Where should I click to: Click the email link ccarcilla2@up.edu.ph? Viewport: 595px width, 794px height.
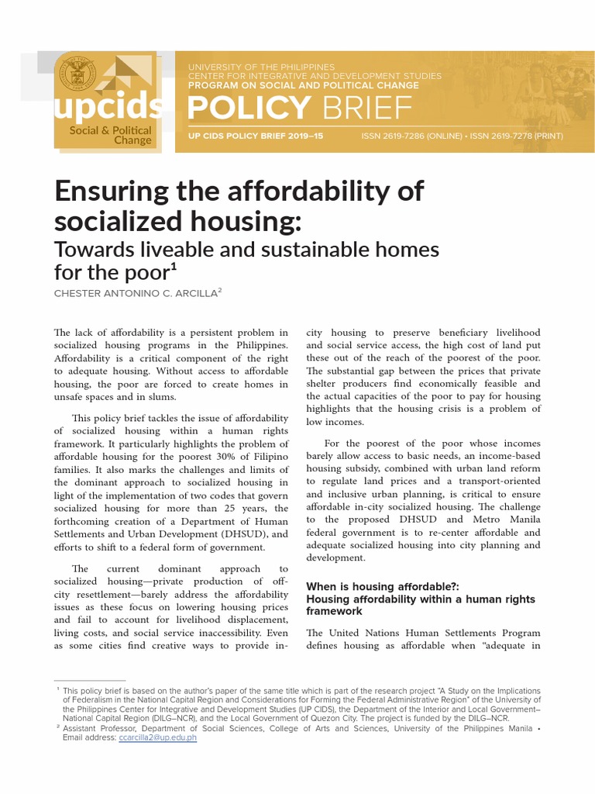click(158, 737)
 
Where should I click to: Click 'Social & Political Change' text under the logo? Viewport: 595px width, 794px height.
click(110, 136)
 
